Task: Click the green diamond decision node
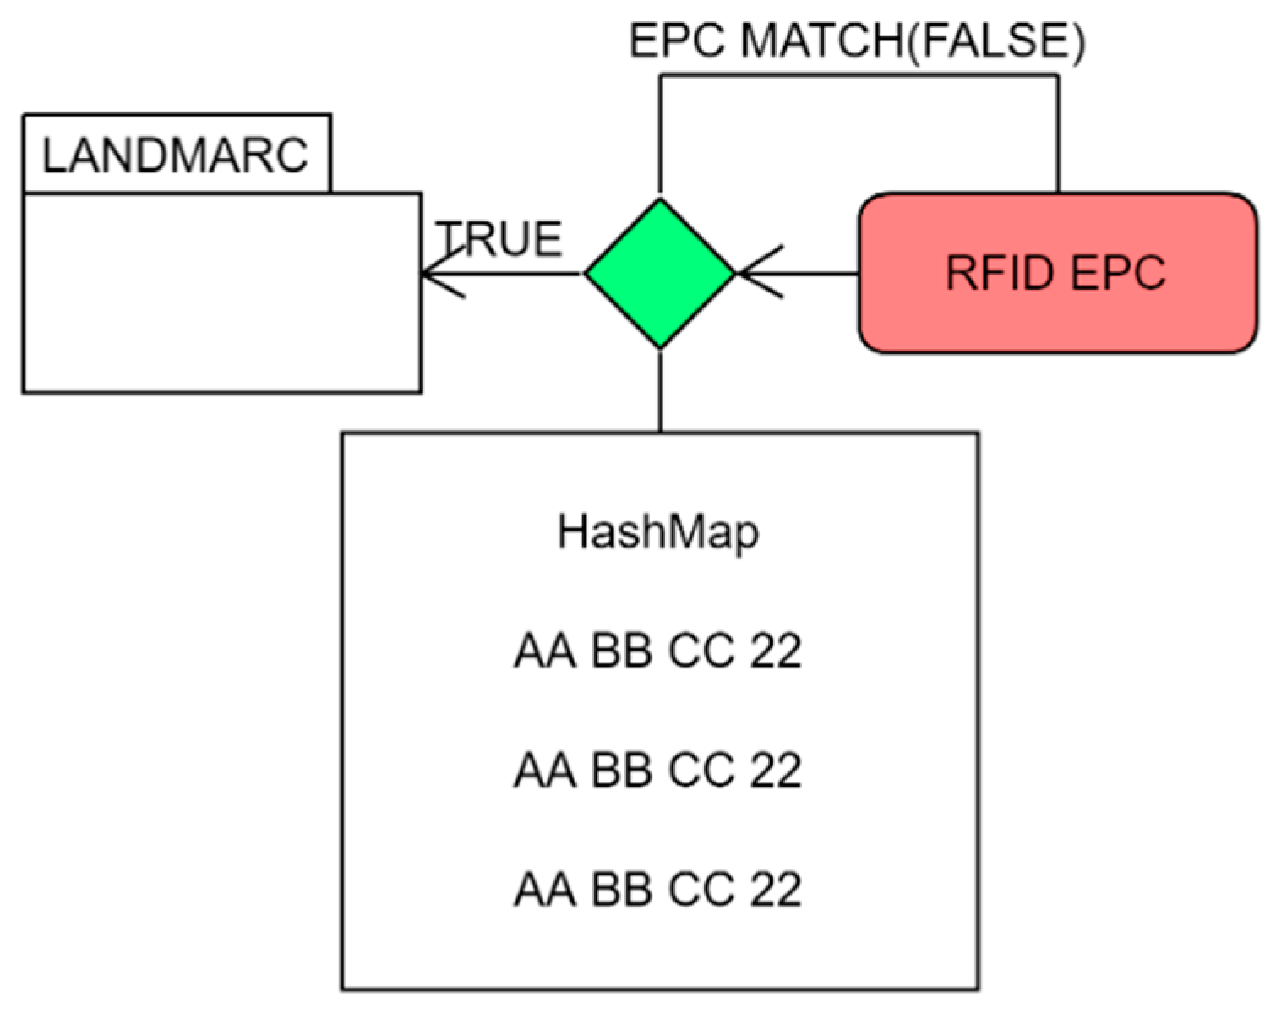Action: (x=660, y=273)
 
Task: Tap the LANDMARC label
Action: (x=175, y=155)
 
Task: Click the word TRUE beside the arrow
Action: (x=499, y=239)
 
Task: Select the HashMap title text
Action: (x=658, y=533)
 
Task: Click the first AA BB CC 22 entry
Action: (x=658, y=651)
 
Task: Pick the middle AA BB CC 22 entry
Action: (x=658, y=771)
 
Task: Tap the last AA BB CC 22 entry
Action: (x=658, y=890)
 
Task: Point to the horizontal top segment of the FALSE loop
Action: (x=858, y=75)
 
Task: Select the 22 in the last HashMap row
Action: (x=775, y=890)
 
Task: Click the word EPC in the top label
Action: (x=677, y=41)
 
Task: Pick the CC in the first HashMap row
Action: (x=701, y=651)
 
